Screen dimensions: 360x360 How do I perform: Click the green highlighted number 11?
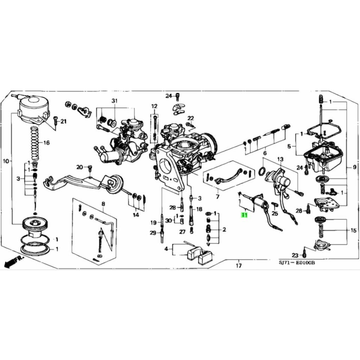pos(244,215)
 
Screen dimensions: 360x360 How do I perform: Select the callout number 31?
pos(114,101)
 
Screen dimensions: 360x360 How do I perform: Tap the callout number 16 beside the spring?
pos(46,143)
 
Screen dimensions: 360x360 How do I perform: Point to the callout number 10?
pos(6,161)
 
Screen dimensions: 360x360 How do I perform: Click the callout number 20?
pos(79,167)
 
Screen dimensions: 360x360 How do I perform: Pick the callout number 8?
pos(103,204)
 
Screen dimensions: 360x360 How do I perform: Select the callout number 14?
pos(136,215)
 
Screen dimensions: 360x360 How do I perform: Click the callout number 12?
pos(154,106)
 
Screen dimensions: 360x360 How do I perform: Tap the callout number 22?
pos(191,118)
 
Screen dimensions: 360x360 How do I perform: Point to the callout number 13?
pos(280,159)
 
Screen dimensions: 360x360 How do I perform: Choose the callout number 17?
pos(239,266)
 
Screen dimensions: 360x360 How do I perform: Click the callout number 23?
pos(295,255)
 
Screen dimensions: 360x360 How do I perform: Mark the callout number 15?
pos(354,231)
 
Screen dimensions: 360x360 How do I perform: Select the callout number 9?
pos(354,167)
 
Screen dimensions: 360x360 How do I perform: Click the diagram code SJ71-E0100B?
pos(297,262)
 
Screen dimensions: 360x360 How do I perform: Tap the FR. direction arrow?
pos(14,262)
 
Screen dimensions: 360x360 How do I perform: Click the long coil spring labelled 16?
pos(35,143)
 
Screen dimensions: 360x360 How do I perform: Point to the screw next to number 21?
pos(55,121)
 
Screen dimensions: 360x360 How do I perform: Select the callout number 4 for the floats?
pos(166,249)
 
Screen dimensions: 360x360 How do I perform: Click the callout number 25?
pos(275,213)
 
